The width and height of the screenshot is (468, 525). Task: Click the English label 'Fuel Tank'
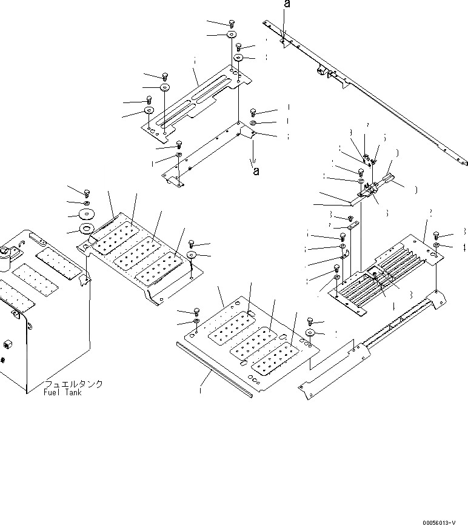tap(63, 393)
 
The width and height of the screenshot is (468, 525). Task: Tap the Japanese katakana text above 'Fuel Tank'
tap(73, 384)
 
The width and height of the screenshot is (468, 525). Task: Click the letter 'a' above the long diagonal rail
tap(287, 5)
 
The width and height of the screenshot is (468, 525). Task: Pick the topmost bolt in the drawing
tap(232, 23)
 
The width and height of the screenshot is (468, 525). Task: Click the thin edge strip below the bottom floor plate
tap(213, 369)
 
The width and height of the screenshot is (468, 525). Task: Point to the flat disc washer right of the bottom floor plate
tap(309, 333)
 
